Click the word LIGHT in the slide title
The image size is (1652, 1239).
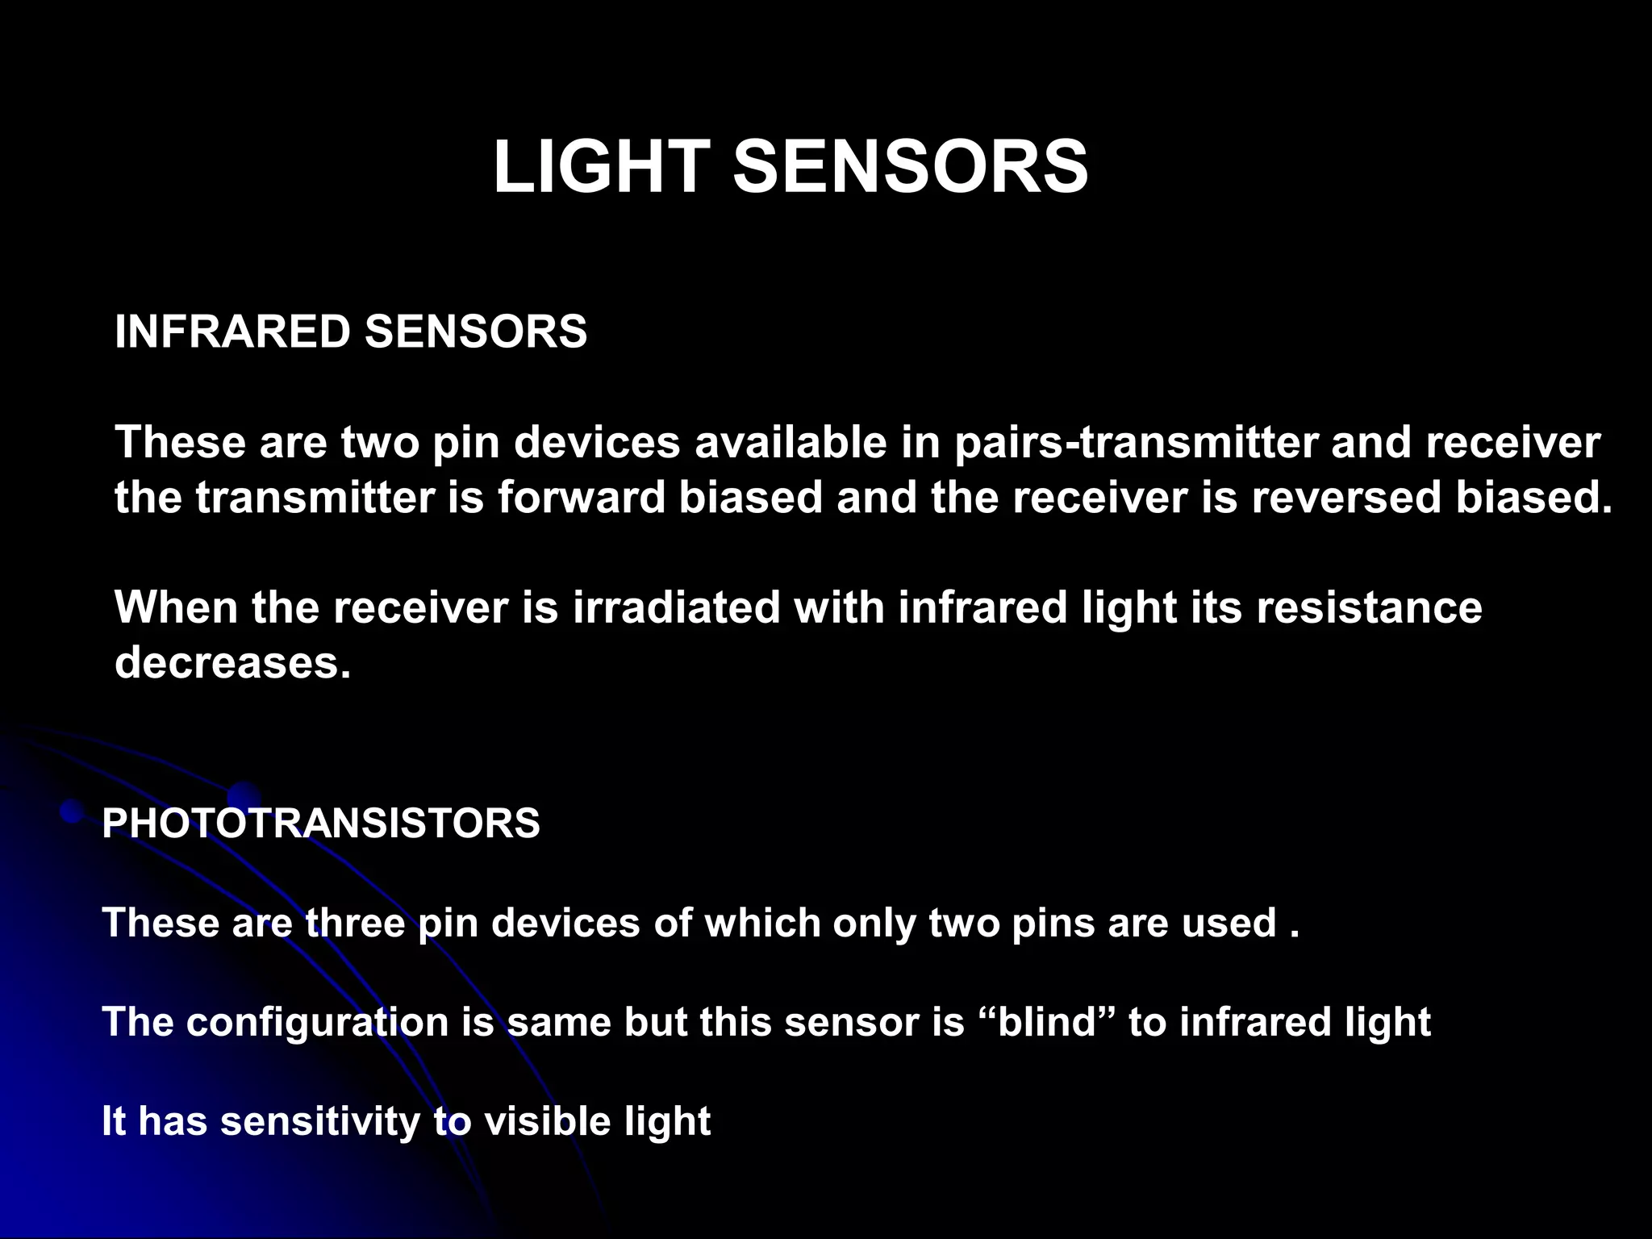601,167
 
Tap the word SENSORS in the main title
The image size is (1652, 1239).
910,167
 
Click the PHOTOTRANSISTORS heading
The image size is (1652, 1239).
321,824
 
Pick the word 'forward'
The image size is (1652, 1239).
581,497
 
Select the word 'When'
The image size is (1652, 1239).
177,607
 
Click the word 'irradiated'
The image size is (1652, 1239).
677,607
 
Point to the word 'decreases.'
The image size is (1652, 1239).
233,661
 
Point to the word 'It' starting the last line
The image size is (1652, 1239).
114,1121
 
